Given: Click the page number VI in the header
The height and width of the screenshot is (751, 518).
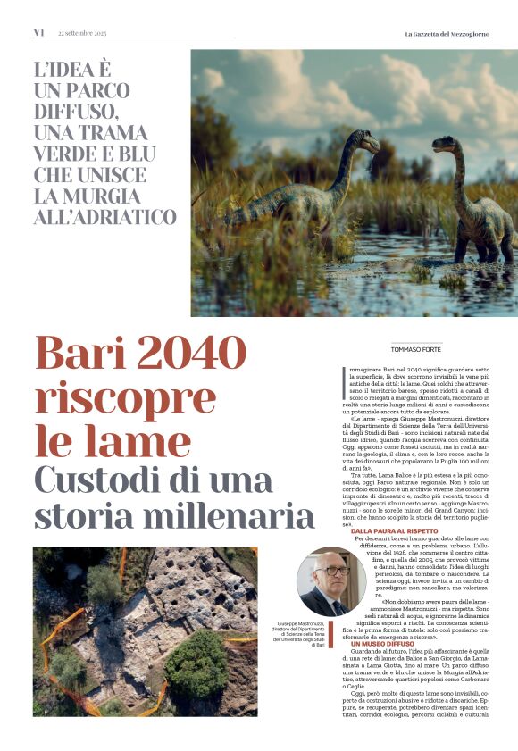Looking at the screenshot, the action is point(38,33).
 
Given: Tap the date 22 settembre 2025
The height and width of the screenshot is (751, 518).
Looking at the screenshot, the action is point(82,33).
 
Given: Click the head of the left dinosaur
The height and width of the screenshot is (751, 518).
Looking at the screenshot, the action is point(368,141).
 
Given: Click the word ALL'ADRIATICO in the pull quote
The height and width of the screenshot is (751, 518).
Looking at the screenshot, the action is point(105,217).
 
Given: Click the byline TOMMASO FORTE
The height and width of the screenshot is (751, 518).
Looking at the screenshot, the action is point(416,349).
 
